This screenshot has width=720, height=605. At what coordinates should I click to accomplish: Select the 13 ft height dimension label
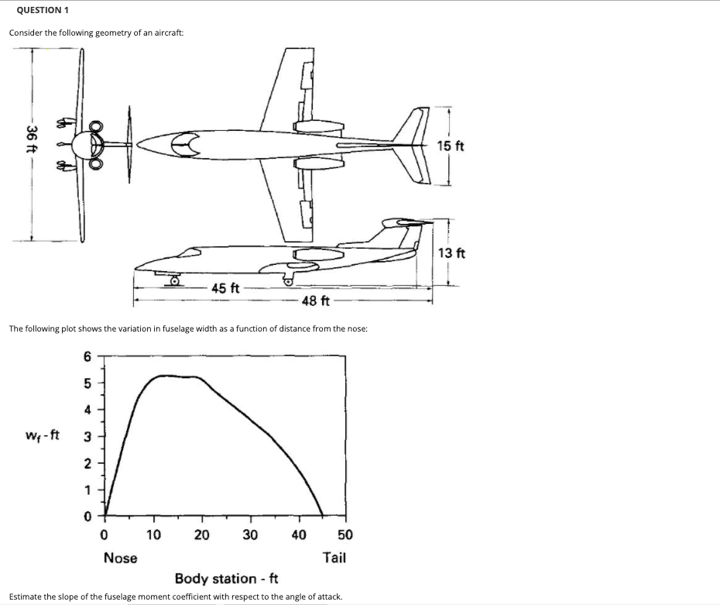point(451,253)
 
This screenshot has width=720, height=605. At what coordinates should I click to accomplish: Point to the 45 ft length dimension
point(225,289)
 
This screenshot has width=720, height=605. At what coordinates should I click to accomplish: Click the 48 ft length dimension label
point(317,301)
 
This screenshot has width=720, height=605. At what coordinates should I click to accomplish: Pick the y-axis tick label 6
point(87,357)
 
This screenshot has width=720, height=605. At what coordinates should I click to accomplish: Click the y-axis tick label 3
point(87,436)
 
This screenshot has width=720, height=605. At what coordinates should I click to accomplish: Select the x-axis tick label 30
point(250,535)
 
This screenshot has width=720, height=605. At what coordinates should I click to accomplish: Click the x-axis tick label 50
point(345,535)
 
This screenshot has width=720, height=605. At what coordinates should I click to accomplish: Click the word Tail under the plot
point(334,557)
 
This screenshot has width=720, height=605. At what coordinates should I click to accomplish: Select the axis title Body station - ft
point(227,579)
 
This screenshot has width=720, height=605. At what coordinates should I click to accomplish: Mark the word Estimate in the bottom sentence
point(26,597)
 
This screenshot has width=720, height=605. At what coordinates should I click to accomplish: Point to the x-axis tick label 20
point(202,535)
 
